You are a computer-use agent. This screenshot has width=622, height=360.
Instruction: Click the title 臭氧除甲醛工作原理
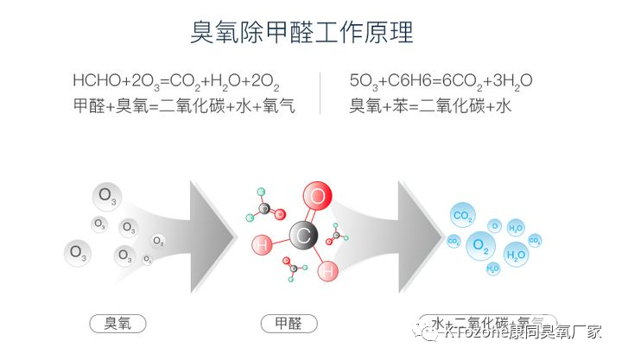pos(302,32)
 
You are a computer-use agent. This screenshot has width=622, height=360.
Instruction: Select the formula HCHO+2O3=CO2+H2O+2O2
pos(176,82)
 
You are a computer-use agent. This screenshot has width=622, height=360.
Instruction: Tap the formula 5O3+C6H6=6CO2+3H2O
pos(441,82)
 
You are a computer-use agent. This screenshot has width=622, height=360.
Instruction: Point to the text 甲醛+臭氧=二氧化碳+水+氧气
pos(185,107)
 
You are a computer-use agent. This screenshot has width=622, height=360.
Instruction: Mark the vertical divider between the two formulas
pos(321,93)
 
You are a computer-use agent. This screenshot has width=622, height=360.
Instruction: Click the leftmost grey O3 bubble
pos(79,253)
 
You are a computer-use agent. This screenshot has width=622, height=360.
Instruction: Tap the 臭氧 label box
pos(117,324)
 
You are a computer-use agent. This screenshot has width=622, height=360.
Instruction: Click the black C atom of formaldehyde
pos(302,234)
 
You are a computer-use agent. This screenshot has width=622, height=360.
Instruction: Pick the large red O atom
pos(318,197)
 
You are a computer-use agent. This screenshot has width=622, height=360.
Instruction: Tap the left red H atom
pos(263,245)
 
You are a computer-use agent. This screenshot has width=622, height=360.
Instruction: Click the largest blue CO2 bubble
pos(463,216)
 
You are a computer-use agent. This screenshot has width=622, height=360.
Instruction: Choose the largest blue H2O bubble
pos(516,255)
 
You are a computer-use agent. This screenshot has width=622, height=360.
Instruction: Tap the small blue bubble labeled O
pos(495,225)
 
